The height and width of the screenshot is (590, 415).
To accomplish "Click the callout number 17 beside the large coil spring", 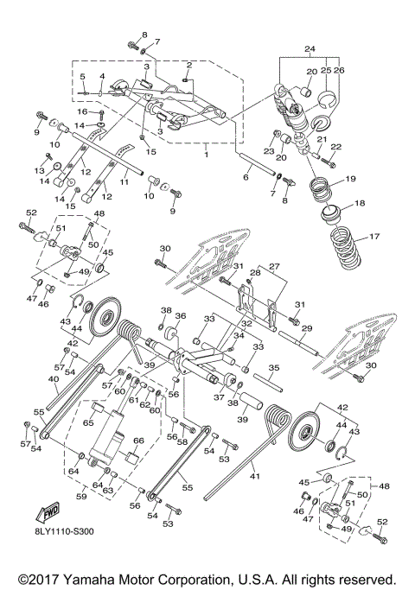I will [375, 237].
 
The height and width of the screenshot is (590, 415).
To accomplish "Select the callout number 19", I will [351, 180].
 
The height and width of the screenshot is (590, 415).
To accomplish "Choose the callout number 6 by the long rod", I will [246, 177].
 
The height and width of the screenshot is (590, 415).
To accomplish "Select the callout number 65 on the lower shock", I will [88, 423].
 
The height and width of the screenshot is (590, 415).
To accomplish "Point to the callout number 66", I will [136, 441].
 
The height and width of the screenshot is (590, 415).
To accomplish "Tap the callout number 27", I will [276, 266].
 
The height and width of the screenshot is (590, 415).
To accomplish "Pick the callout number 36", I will [181, 316].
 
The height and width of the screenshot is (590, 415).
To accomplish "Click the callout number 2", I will [189, 65].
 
